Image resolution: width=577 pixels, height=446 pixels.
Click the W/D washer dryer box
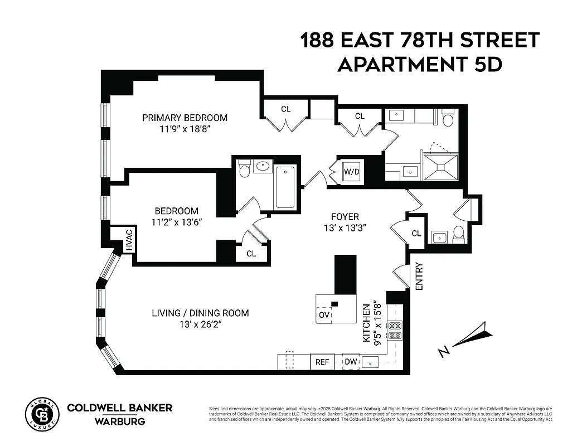click(x=351, y=172)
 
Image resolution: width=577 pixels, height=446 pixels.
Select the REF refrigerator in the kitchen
click(x=322, y=362)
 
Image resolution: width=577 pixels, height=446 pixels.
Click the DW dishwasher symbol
click(x=351, y=362)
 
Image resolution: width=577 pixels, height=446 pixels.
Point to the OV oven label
click(x=324, y=315)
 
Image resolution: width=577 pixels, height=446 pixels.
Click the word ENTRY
click(x=419, y=276)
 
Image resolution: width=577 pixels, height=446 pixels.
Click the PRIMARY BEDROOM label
click(x=185, y=118)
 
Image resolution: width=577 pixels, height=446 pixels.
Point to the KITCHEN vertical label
click(x=366, y=323)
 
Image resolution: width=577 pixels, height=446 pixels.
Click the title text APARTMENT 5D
click(x=420, y=64)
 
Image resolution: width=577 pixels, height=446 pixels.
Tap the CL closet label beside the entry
click(x=416, y=234)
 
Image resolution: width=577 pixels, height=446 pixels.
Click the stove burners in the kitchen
click(x=395, y=330)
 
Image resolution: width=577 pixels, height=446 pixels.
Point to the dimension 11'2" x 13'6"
click(x=176, y=222)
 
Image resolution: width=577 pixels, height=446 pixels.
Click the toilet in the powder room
click(x=459, y=235)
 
